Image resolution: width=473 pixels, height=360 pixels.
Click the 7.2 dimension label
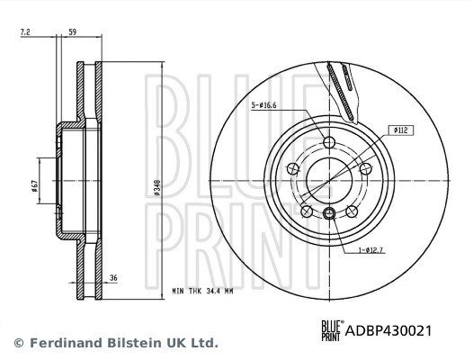point(26,33)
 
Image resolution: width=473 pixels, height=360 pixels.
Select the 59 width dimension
point(72,33)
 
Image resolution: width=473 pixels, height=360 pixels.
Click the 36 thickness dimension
point(113,278)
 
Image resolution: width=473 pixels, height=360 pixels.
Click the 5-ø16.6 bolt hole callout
point(265,105)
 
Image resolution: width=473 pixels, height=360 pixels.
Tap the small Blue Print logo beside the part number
point(332,330)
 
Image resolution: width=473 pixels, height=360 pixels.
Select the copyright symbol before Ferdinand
point(18,343)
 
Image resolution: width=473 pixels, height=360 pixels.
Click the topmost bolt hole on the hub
point(327,142)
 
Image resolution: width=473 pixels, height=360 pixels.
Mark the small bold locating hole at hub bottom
point(329,212)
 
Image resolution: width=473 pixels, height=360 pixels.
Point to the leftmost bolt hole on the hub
point(292,168)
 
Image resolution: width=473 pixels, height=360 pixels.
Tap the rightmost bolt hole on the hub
point(364,168)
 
